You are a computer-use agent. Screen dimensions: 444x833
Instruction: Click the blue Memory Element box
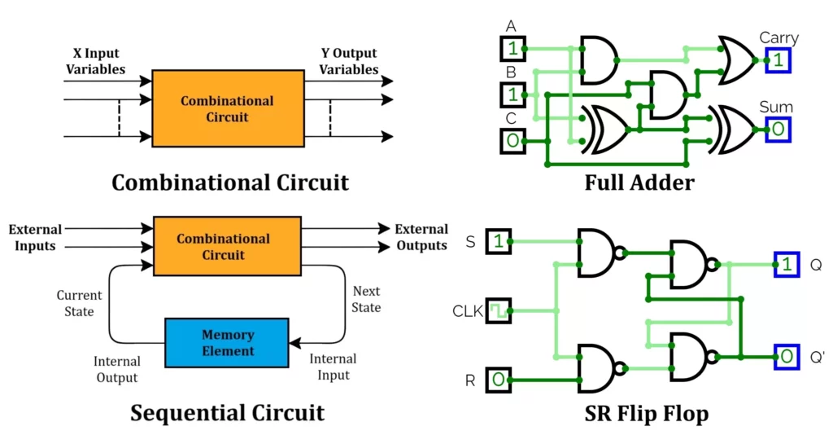click(x=227, y=343)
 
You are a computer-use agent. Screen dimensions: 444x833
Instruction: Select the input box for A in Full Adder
click(x=512, y=49)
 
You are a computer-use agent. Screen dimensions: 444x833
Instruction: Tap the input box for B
click(x=512, y=95)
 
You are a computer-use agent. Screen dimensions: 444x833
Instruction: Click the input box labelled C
click(x=512, y=141)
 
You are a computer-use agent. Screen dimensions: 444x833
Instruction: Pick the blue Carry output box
click(x=778, y=59)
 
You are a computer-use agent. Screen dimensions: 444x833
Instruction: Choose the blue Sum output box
click(x=778, y=129)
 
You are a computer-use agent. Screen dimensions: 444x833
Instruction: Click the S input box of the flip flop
click(x=499, y=241)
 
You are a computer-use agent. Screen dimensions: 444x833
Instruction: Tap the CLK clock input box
click(x=499, y=310)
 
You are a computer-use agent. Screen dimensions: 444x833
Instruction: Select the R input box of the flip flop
click(x=499, y=380)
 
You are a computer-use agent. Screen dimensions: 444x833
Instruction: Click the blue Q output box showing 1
click(x=786, y=264)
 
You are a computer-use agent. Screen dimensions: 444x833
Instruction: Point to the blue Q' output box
click(x=786, y=357)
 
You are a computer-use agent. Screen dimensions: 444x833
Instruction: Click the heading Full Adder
click(x=639, y=182)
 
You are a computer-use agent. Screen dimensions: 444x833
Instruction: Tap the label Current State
click(x=79, y=303)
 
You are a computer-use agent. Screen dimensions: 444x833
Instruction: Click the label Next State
click(x=366, y=299)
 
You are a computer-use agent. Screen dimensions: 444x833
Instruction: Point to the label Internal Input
click(x=333, y=367)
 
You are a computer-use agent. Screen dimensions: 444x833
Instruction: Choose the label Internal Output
click(x=117, y=369)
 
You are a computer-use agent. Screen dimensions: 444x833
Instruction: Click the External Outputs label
click(x=421, y=237)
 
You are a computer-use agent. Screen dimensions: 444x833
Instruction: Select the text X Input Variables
click(x=96, y=61)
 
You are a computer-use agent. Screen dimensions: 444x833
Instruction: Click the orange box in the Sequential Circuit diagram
click(x=223, y=247)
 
